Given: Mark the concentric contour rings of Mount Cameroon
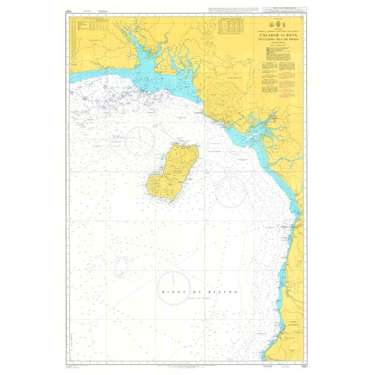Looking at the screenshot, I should [x=219, y=97].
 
